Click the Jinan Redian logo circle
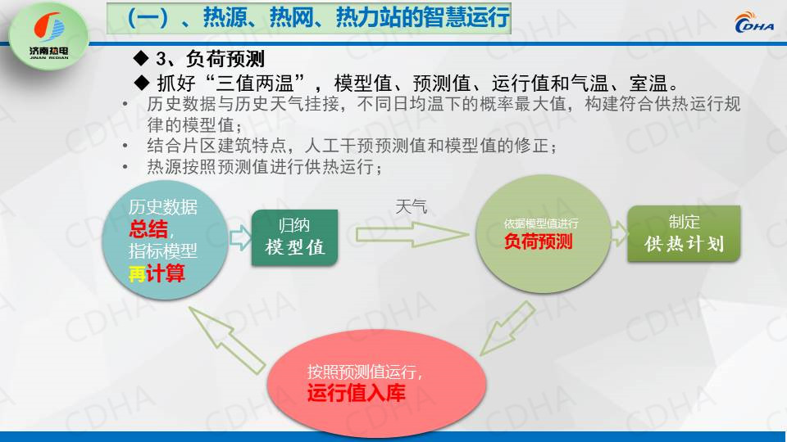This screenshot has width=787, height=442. (48, 36)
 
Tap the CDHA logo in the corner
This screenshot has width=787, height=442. (754, 22)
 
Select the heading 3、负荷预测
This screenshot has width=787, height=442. (210, 59)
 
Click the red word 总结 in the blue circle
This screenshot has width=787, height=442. (148, 229)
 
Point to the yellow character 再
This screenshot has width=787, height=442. (137, 273)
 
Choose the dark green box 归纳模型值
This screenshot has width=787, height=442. (294, 237)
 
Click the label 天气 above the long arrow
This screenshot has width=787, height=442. (411, 206)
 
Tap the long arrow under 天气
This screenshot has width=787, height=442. (412, 234)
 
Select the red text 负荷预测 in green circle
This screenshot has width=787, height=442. (538, 241)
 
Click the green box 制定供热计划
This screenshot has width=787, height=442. (684, 233)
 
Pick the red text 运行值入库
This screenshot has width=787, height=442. (356, 392)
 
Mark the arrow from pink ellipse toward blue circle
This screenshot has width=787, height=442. (227, 340)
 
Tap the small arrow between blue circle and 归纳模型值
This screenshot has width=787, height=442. (240, 237)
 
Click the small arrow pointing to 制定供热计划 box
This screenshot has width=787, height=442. (620, 233)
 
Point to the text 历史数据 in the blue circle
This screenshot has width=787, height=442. (162, 206)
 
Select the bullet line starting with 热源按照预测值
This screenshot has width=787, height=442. (264, 167)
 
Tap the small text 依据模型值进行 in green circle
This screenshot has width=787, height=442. (541, 223)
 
